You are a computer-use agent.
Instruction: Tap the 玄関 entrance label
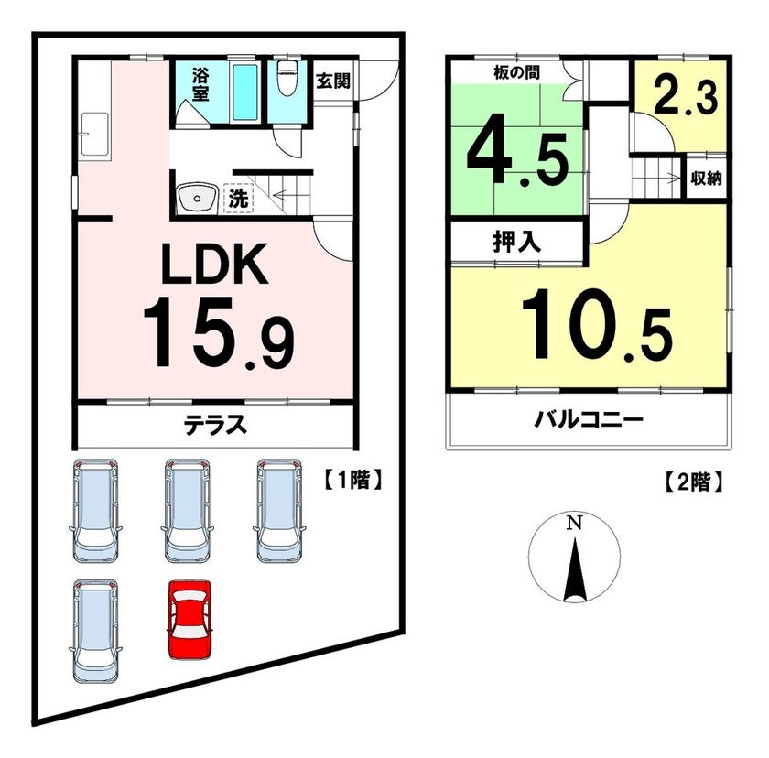pos(332,81)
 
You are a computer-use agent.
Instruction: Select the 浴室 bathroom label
pos(200,84)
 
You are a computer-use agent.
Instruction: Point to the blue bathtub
pos(244,92)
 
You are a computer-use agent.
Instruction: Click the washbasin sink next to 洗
pos(197,198)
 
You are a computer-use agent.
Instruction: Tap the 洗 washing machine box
pos(238,198)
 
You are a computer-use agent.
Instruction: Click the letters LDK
pos(216,265)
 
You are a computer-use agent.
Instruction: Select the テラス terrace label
pos(215,424)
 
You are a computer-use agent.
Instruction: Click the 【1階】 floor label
pos(352,480)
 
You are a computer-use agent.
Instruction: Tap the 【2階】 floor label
pos(692,482)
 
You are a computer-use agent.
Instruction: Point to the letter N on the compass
pos(574,524)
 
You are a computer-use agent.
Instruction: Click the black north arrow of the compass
pos(575,568)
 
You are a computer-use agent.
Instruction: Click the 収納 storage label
pos(706,179)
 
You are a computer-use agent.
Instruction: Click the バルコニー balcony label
pos(589,420)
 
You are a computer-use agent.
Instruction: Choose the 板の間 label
pos(516,73)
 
